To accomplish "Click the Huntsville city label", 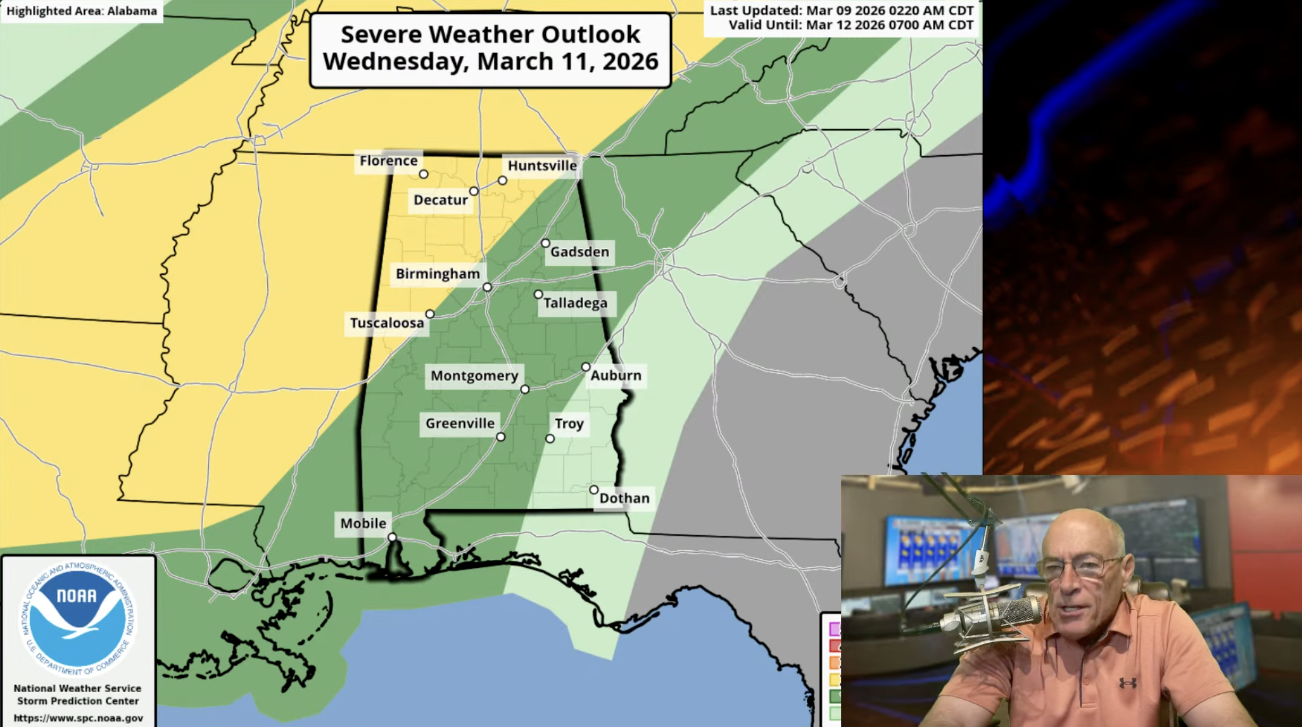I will (x=542, y=166).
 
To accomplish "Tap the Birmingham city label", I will (x=438, y=274).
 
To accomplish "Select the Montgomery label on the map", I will (x=474, y=376).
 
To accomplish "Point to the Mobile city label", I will (x=363, y=524).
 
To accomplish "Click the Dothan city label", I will (x=624, y=498).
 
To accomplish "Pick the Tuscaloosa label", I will (x=387, y=324).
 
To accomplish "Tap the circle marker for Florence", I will (x=424, y=174).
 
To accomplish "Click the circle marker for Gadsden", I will (x=545, y=243).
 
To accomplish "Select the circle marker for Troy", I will (x=550, y=438).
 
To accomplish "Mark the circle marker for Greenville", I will (x=500, y=437).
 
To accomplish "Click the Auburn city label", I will (x=616, y=376).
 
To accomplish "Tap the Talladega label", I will (x=575, y=303).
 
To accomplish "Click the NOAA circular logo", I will (x=78, y=618).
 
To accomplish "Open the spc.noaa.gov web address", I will (x=78, y=718).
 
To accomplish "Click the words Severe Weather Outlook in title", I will (x=490, y=34).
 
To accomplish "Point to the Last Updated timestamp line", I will (x=842, y=11).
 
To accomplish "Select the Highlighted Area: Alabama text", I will (x=82, y=11).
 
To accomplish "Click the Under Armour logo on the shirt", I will (x=1127, y=683).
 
